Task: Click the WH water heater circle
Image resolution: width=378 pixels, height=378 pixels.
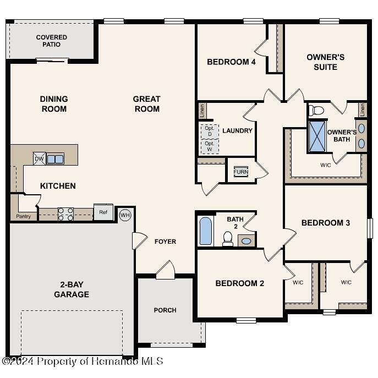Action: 125,215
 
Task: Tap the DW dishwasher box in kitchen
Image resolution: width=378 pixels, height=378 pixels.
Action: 39,158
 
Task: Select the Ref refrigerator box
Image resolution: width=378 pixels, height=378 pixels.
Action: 103,212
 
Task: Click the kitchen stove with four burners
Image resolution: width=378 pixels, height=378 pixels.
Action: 66,213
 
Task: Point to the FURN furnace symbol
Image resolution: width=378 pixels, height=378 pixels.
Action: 240,172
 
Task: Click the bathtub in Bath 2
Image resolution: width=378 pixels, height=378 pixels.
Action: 205,231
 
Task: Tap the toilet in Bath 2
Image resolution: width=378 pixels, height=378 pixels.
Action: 227,238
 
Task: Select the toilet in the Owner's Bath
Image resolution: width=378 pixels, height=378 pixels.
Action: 317,110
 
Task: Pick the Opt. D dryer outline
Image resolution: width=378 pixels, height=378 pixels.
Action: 209,131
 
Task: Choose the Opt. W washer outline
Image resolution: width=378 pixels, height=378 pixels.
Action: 209,146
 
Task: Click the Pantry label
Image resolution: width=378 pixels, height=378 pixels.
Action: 23,216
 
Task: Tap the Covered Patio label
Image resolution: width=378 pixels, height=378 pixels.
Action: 52,41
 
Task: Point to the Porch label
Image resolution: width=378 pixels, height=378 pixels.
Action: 165,310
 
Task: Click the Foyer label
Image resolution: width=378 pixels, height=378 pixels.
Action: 165,242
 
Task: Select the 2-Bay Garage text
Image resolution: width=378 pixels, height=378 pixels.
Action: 72,289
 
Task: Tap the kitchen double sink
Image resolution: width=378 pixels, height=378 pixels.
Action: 55,159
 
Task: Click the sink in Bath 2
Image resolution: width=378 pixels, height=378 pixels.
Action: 246,240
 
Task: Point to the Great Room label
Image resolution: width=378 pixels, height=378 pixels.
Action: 146,104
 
